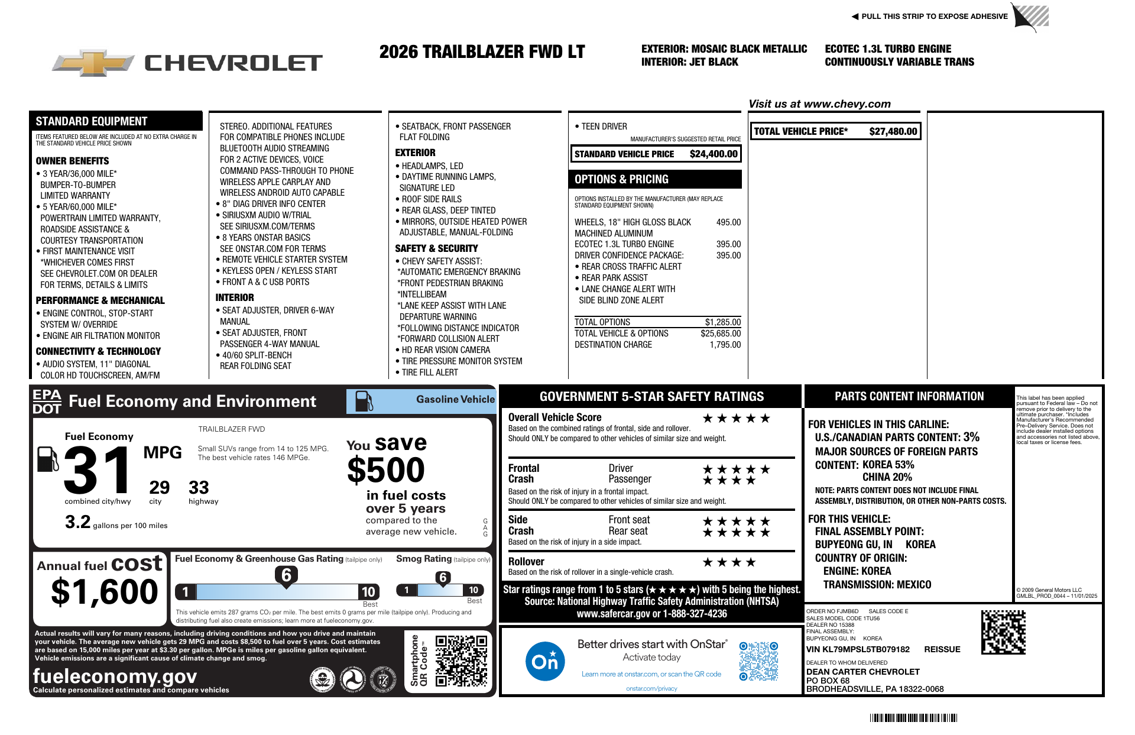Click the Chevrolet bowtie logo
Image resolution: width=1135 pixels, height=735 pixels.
(94, 63)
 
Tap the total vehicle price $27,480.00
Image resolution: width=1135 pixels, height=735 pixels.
(893, 131)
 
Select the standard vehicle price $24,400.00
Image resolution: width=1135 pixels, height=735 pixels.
(714, 154)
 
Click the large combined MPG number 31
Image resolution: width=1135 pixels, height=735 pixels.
(98, 470)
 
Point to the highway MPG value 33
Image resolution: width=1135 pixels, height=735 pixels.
(199, 488)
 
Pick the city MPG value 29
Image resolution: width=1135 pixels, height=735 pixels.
(159, 488)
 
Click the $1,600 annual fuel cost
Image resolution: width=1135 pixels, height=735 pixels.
(105, 592)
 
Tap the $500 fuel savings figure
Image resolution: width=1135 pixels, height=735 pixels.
(386, 471)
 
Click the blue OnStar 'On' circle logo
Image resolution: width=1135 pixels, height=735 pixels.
(544, 661)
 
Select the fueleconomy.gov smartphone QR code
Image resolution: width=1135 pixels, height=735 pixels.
(461, 660)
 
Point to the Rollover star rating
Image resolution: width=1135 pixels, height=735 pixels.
(728, 562)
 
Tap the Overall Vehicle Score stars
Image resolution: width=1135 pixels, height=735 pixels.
(736, 419)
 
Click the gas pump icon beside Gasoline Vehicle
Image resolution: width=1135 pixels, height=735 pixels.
(364, 401)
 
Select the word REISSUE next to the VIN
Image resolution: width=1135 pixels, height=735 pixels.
(942, 649)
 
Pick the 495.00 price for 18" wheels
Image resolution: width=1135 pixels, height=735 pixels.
(728, 222)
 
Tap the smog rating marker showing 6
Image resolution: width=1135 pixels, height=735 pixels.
(443, 578)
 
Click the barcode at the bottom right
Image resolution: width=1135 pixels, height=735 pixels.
(913, 718)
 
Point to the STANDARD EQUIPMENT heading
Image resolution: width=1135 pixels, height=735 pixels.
(92, 121)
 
